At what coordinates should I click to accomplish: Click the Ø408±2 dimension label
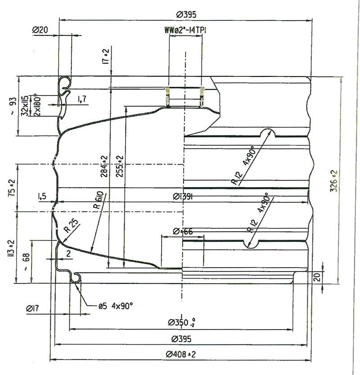[x=180, y=355]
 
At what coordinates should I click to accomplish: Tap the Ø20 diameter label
[x=40, y=30]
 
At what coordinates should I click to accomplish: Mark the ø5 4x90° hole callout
[x=116, y=306]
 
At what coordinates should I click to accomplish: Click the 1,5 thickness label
[x=43, y=196]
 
